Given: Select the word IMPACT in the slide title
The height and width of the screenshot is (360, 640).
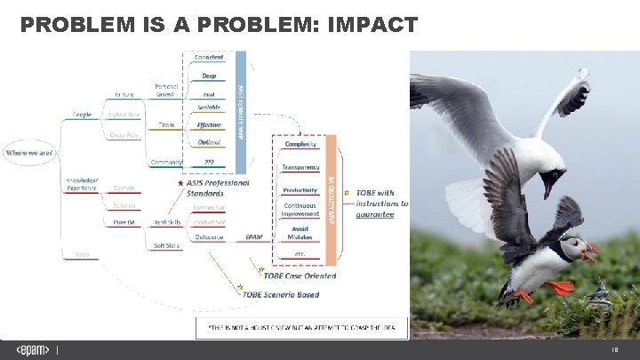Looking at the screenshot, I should coord(372,25).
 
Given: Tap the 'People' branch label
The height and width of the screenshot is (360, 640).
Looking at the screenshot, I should coord(82,115).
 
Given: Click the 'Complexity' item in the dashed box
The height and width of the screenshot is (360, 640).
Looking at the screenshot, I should coord(300,144).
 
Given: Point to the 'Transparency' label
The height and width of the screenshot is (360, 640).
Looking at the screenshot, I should coord(300,167).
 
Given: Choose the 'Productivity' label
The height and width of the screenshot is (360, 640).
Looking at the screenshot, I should coord(300,190).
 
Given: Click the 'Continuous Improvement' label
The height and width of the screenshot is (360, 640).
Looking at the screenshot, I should coord(300,210).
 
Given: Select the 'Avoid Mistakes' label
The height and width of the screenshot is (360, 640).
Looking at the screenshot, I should coord(300,234).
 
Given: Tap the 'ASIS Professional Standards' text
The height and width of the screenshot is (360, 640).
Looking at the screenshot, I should coord(218,188).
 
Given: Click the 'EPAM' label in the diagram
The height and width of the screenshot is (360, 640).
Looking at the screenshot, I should coord(254,237).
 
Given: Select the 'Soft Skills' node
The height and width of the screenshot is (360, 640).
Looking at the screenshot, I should coord(166,245).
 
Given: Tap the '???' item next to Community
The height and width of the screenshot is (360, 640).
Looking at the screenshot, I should coord(209,162).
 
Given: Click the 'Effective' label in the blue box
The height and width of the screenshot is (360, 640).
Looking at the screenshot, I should coord(209,125).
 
